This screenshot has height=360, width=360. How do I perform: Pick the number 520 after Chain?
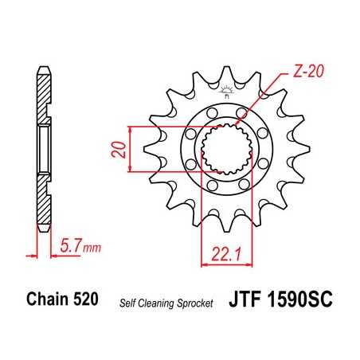[x=85, y=300]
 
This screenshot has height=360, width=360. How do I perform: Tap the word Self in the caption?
[x=131, y=302]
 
